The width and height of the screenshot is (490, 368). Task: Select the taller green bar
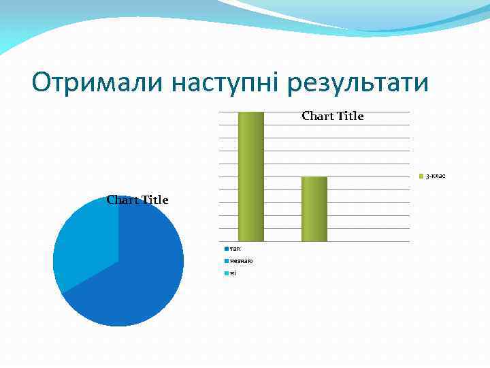click(250, 177)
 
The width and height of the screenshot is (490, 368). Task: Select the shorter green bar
click(314, 209)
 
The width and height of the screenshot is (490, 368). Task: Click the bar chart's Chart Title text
click(333, 116)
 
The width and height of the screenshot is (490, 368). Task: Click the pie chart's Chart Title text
click(137, 200)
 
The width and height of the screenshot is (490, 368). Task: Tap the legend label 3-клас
click(436, 177)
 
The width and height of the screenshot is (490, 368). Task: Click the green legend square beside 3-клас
click(421, 177)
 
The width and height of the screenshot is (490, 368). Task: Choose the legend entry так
click(235, 249)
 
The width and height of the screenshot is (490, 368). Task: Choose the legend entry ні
click(233, 273)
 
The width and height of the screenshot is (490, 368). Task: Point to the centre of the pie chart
click(118, 261)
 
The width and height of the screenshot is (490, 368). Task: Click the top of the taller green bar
click(250, 112)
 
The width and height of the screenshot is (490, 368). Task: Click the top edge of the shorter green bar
click(314, 177)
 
